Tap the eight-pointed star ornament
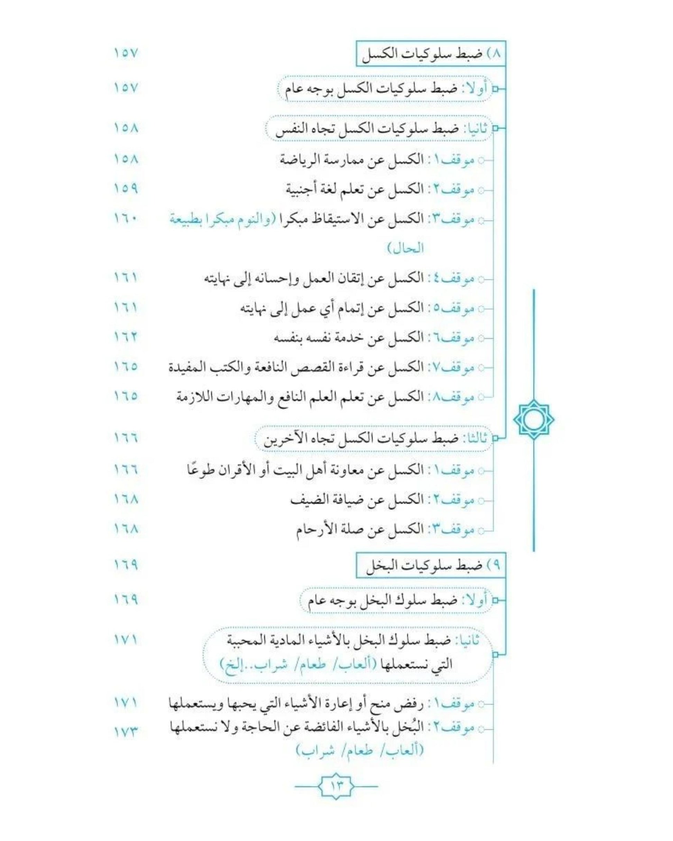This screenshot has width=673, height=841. tap(533, 419)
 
